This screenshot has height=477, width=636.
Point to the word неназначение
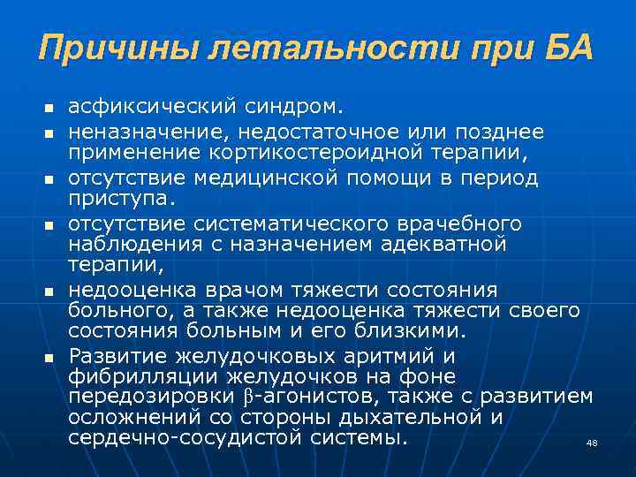[140, 131]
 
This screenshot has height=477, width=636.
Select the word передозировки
[136, 397]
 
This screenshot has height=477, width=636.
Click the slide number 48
[592, 443]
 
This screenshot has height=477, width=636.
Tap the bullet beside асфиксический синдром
[50, 109]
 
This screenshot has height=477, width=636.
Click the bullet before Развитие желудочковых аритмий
[50, 357]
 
